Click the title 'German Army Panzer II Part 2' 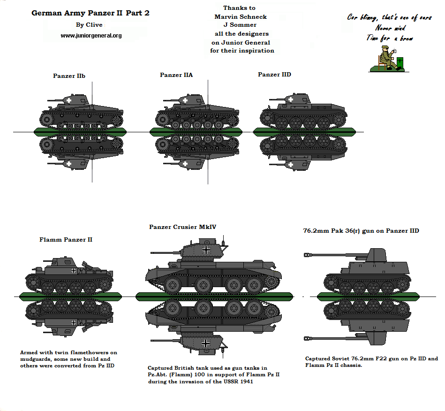[x=91, y=13]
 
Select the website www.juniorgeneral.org [x=91, y=36]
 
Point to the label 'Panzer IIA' [x=176, y=75]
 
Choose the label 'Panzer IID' [x=274, y=75]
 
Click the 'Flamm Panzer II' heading [x=66, y=240]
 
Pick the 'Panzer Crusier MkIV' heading [x=182, y=227]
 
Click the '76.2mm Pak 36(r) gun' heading [x=361, y=231]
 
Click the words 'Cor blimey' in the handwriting [x=362, y=18]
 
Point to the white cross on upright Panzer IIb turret [x=69, y=100]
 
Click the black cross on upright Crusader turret [x=206, y=250]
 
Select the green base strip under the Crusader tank [x=214, y=296]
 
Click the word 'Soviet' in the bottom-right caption [x=344, y=358]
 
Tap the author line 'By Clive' [x=89, y=25]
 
